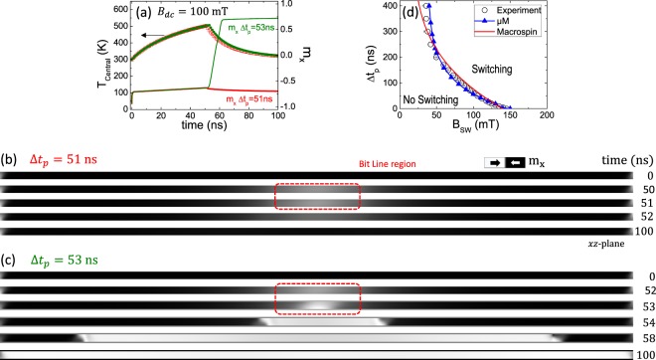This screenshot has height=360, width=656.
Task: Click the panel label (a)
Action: coord(144,11)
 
